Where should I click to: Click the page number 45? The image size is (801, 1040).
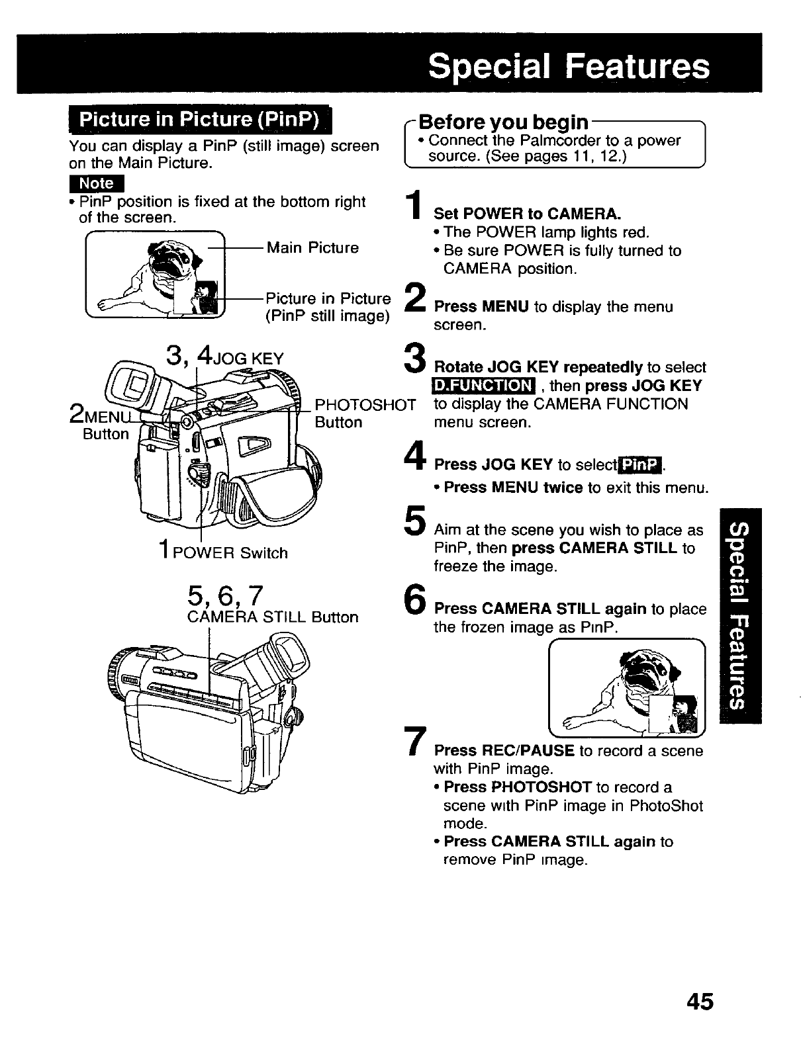tap(700, 1001)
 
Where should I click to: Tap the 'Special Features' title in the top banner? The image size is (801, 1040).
tap(568, 66)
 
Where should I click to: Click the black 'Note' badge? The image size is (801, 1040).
tap(97, 183)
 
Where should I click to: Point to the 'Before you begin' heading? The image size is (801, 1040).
tap(504, 122)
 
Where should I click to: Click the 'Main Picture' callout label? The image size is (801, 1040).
tap(312, 248)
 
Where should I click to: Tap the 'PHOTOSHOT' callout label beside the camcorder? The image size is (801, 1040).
tap(365, 404)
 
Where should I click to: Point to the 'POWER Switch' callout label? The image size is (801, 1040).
tap(230, 553)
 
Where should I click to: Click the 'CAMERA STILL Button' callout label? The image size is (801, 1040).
tap(273, 617)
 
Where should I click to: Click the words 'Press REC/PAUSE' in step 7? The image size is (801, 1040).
tap(504, 751)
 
